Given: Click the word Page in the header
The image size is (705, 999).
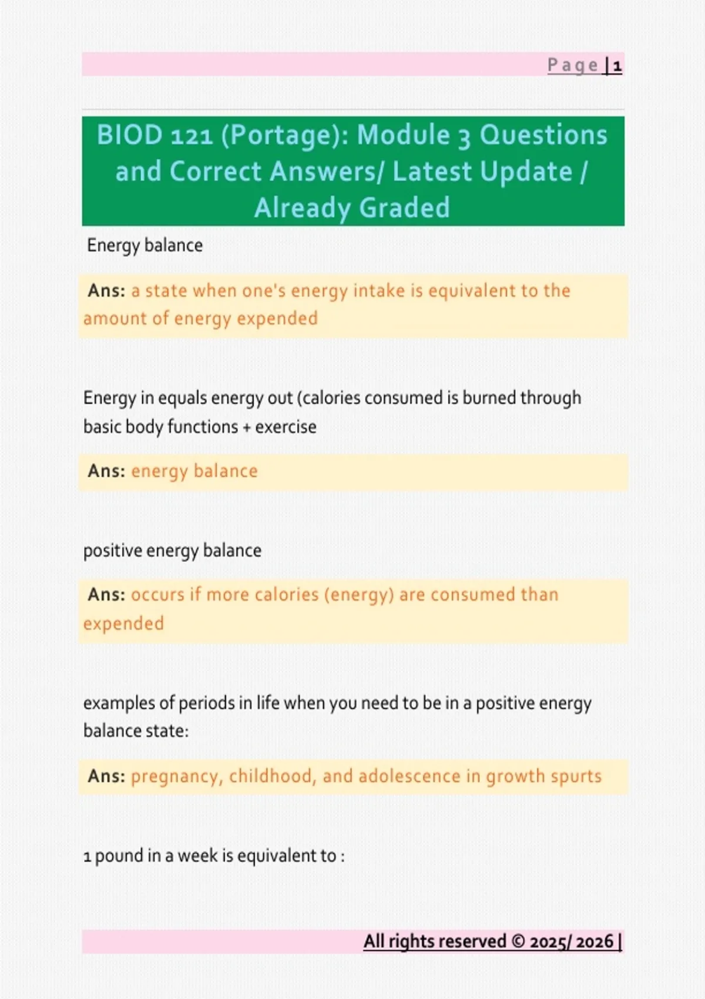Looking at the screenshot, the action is point(573,66).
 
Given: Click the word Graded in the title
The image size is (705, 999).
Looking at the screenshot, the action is point(404,208).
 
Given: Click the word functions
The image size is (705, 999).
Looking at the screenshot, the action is point(203,427).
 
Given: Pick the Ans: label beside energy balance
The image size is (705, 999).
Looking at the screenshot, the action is point(106,471).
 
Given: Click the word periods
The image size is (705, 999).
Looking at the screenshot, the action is point(206,703).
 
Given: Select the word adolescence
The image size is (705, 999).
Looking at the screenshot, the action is point(409,776).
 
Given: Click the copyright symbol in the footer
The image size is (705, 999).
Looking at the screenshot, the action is point(518,941).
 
